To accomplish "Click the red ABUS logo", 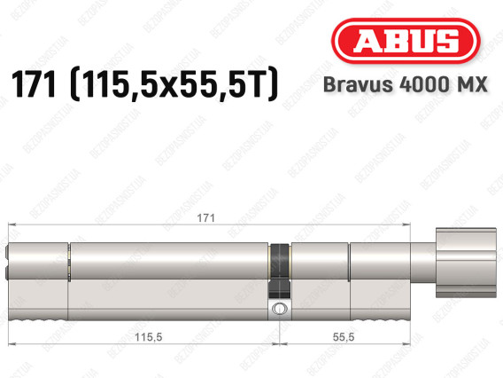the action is [x=406, y=41].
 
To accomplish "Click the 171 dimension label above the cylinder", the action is [x=205, y=218].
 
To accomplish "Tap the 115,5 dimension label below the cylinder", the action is [x=148, y=337].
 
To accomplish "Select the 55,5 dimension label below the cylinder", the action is [x=344, y=337].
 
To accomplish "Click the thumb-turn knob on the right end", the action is [x=466, y=263].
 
